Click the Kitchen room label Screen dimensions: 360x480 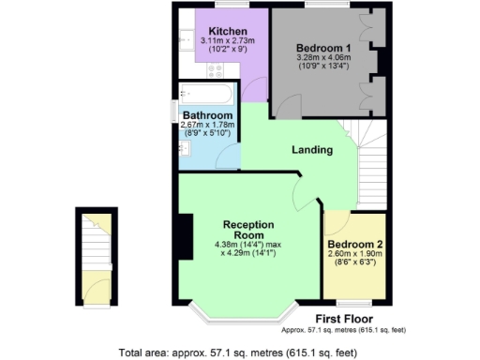228,31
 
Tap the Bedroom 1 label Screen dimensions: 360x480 324,47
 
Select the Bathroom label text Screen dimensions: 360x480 207,116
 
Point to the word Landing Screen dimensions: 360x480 310,150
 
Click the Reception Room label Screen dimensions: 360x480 248,230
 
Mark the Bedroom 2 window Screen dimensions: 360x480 352,302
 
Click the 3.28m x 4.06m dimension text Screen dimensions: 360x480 324,59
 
